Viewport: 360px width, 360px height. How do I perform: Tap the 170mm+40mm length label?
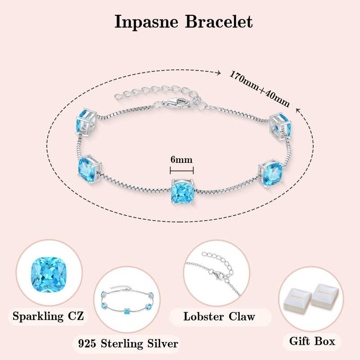[259, 88]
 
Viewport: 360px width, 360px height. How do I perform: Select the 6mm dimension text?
[182, 160]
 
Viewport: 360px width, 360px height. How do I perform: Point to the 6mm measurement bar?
[182, 170]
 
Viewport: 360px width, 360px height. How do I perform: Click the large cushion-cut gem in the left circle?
[49, 275]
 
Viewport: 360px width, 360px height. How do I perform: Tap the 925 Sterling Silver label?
[126, 344]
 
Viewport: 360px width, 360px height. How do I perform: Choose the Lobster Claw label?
[220, 316]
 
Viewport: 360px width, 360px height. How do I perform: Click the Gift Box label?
[315, 341]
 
